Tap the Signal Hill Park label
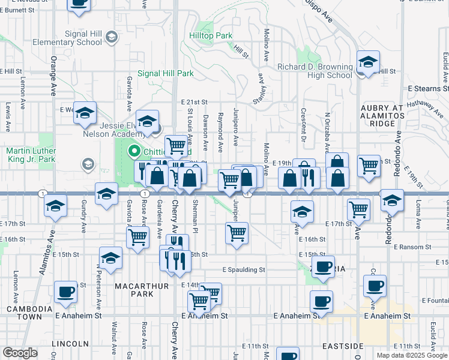(x=166, y=73)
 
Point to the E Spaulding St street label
(x=243, y=270)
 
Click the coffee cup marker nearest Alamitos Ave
(x=65, y=293)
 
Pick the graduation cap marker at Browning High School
(x=367, y=62)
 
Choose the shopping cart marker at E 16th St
(x=237, y=233)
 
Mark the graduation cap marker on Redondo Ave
(x=392, y=202)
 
